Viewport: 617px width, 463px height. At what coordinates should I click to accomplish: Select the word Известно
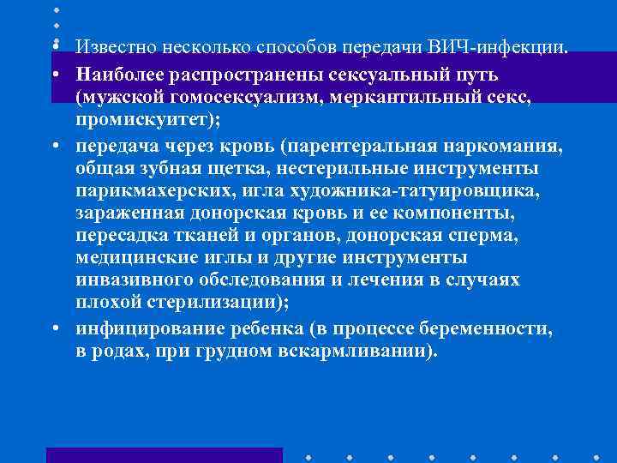[x=112, y=45]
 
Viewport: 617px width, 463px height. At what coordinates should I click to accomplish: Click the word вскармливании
[x=356, y=351]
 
